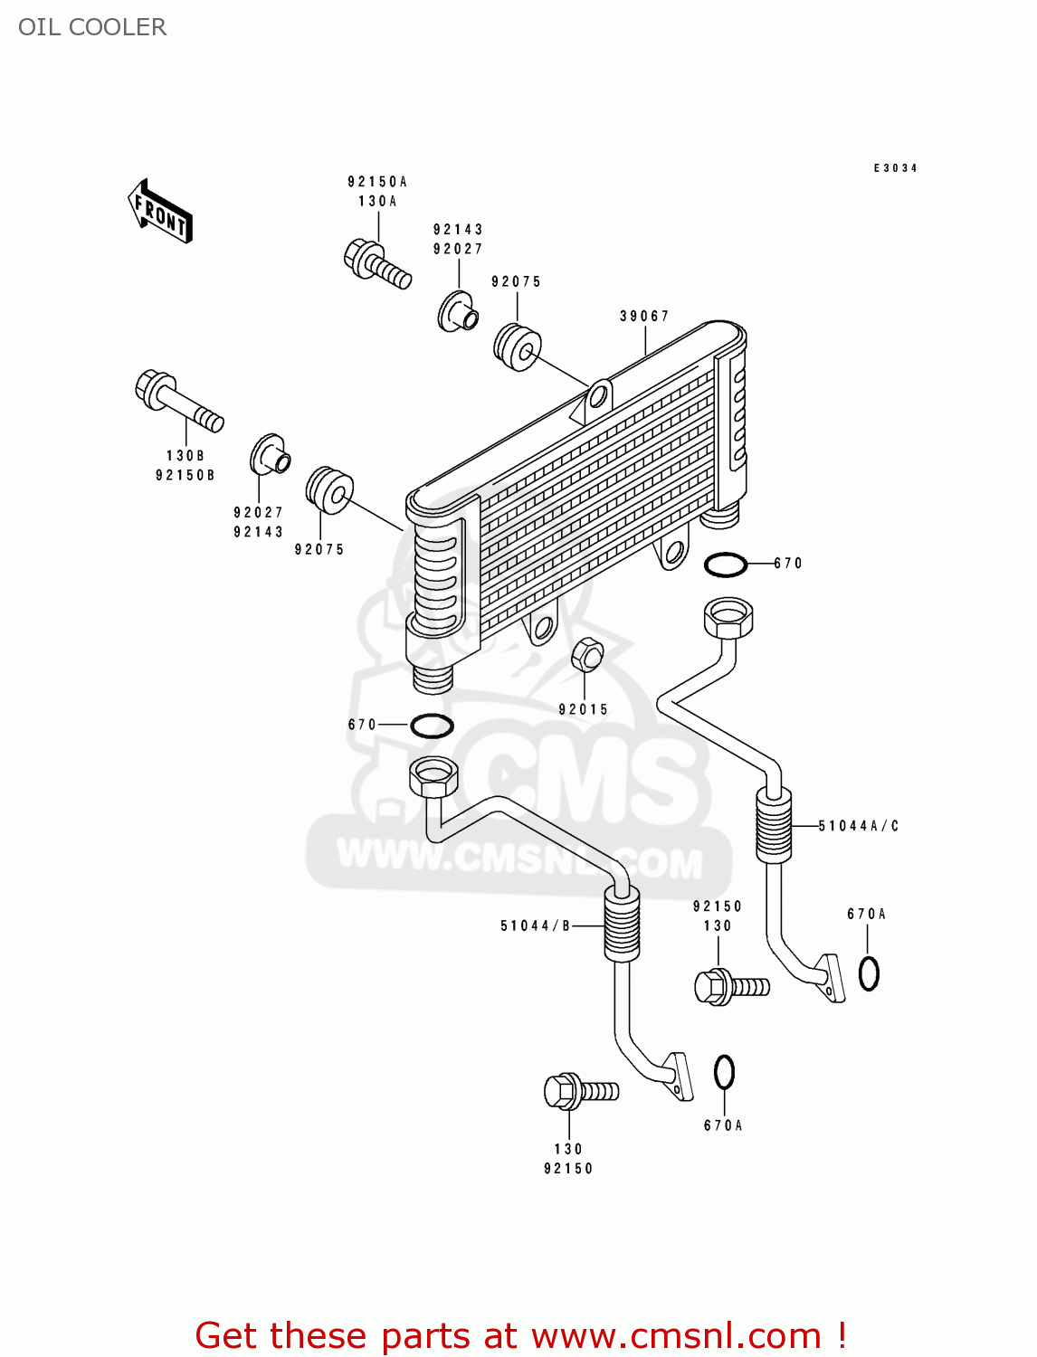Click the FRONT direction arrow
[160, 212]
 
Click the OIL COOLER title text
[92, 27]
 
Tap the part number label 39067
[644, 316]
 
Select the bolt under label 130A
[376, 261]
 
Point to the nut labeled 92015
[587, 654]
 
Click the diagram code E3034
[895, 168]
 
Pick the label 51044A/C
[858, 826]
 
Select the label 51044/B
[535, 925]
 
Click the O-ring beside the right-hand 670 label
[726, 565]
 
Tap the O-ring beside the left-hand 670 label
[432, 725]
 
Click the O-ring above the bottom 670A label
[724, 1073]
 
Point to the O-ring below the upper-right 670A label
[869, 973]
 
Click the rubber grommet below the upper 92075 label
[518, 346]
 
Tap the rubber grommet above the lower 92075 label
[329, 489]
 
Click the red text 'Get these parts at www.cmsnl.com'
[520, 1335]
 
